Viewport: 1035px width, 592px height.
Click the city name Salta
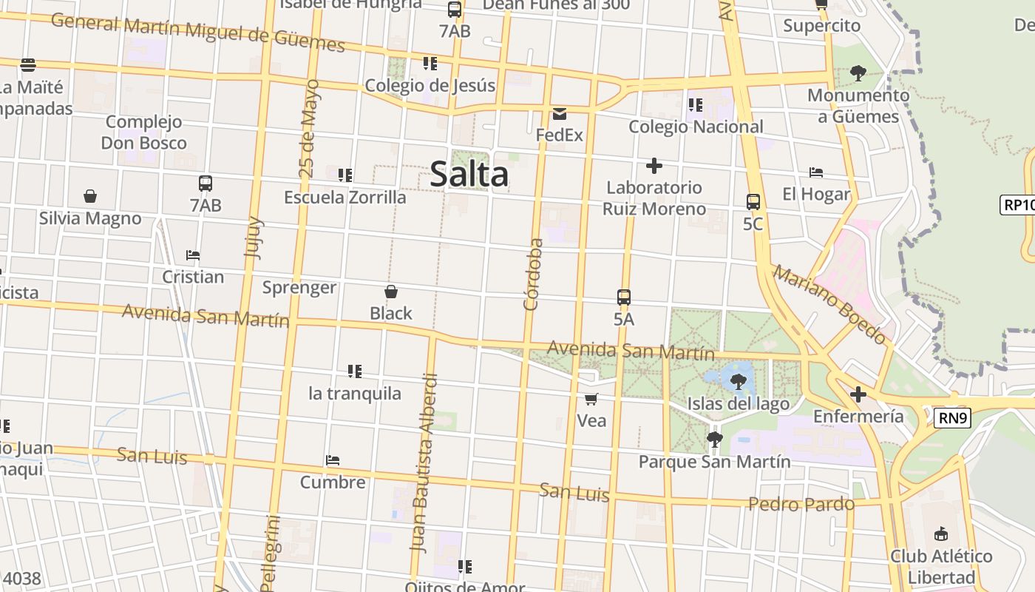click(469, 175)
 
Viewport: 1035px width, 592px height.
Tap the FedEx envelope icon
click(560, 114)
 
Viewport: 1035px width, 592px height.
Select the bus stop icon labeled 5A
click(624, 297)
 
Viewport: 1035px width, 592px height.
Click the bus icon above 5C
click(753, 201)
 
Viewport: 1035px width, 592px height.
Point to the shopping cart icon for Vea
click(591, 400)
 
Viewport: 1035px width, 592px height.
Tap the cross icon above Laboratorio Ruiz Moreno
click(654, 166)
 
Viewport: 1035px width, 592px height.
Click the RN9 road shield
click(951, 418)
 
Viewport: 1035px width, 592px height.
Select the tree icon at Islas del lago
click(738, 382)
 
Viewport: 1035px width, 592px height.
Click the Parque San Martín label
click(714, 462)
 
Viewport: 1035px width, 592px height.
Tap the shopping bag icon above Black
click(391, 292)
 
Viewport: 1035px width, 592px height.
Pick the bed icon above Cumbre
click(333, 460)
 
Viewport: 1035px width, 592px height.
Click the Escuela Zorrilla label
click(345, 198)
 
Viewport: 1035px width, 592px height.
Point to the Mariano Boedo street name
click(829, 304)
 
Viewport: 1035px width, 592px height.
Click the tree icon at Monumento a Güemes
click(858, 73)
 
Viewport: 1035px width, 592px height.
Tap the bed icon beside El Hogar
click(816, 172)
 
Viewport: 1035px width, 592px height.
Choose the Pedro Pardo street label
click(801, 504)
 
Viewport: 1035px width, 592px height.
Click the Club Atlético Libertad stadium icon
click(941, 534)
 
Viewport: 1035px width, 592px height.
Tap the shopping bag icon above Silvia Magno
click(90, 196)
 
